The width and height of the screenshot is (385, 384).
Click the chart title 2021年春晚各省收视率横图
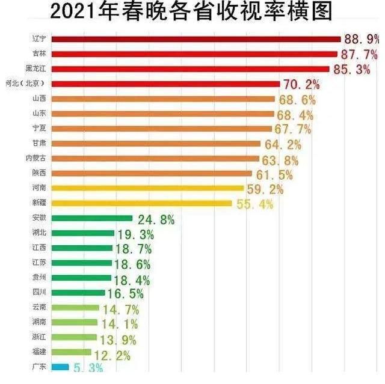pyautogui.click(x=191, y=12)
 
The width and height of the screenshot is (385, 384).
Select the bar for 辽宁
pyautogui.click(x=196, y=40)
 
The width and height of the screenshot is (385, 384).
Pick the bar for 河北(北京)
pyautogui.click(x=165, y=84)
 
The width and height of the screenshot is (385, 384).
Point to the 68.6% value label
pyautogui.click(x=296, y=99)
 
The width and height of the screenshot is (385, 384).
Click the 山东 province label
pyautogui.click(x=40, y=114)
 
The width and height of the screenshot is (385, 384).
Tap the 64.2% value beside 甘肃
pyautogui.click(x=282, y=144)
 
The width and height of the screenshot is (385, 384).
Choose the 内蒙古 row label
pyautogui.click(x=38, y=158)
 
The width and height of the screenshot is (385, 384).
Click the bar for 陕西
pyautogui.click(x=152, y=173)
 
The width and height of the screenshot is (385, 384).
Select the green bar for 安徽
pyautogui.click(x=92, y=218)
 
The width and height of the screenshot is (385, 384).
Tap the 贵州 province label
pyautogui.click(x=40, y=278)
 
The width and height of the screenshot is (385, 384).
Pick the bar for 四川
pyautogui.click(x=78, y=293)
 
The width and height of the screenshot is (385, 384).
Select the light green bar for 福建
pyautogui.click(x=72, y=352)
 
